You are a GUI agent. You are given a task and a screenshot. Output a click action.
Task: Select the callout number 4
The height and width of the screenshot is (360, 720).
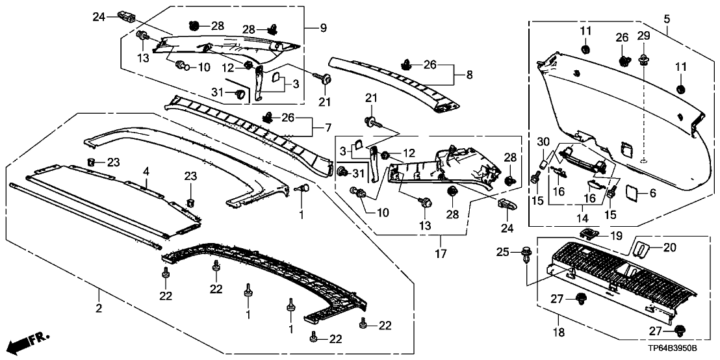click(x=147, y=172)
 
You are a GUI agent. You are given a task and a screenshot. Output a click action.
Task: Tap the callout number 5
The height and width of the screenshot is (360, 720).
click(x=666, y=18)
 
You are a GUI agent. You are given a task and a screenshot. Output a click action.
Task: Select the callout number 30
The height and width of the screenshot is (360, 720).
click(x=543, y=142)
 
